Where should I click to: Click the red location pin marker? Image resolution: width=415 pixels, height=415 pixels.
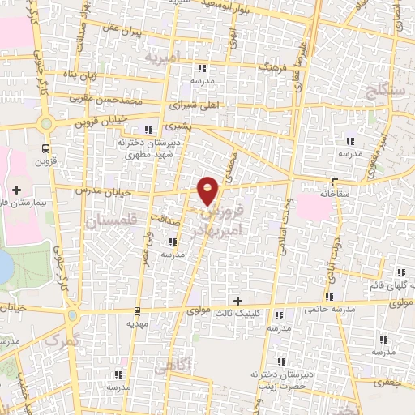(x=208, y=189)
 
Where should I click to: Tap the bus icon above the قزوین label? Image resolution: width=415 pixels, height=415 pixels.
(x=45, y=148)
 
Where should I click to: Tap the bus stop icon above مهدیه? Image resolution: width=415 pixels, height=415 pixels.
(x=137, y=310)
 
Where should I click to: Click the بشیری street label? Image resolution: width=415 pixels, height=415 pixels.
(x=176, y=127)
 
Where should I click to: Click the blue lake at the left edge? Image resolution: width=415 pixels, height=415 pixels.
(x=5, y=263)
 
